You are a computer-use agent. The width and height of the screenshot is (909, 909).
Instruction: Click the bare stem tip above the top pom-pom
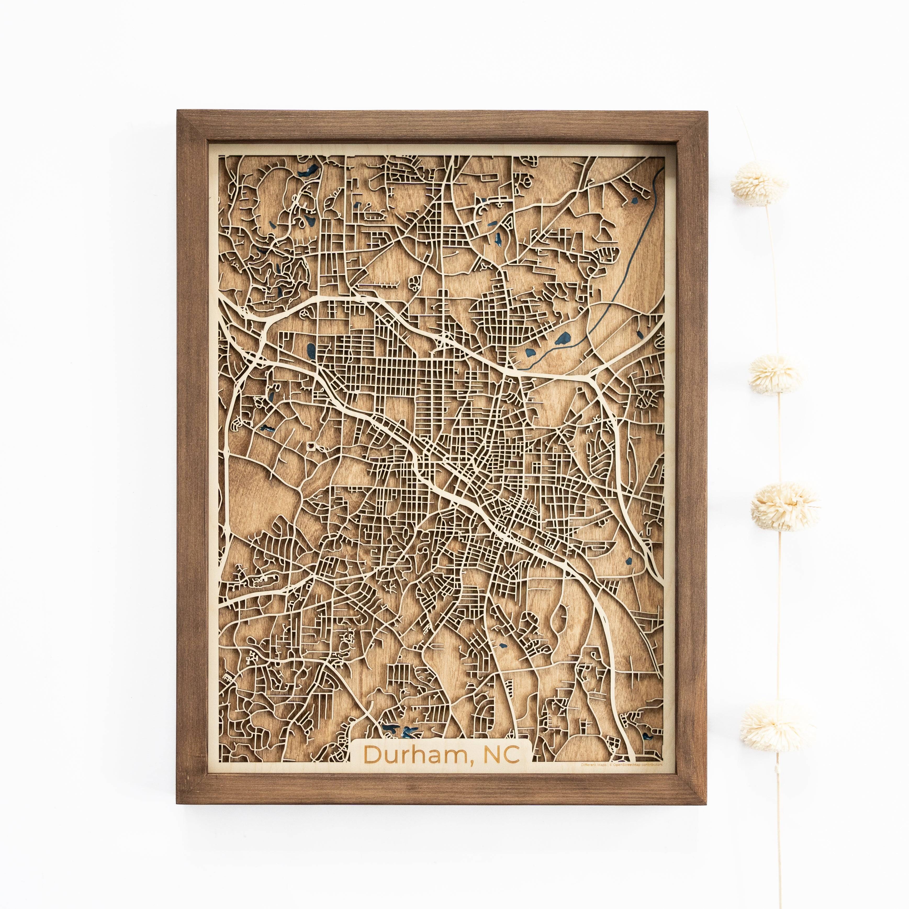740,118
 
